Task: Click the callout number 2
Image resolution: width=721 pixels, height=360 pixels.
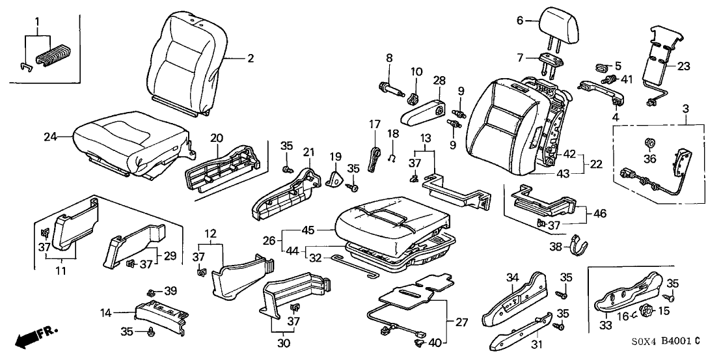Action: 250,58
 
